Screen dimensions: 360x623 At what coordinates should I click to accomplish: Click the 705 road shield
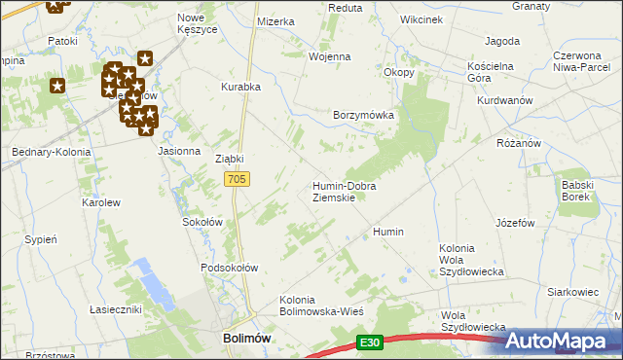click(238, 179)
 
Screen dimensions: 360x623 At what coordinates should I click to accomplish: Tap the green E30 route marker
click(368, 342)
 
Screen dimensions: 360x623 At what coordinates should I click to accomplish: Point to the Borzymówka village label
click(363, 115)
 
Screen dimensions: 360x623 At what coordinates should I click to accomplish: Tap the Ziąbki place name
click(229, 159)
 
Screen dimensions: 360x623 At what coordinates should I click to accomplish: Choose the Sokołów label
click(203, 222)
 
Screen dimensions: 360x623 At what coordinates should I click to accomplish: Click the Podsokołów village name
click(229, 268)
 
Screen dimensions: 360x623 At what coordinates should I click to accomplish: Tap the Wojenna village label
click(329, 56)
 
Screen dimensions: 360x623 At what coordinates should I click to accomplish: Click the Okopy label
click(399, 72)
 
